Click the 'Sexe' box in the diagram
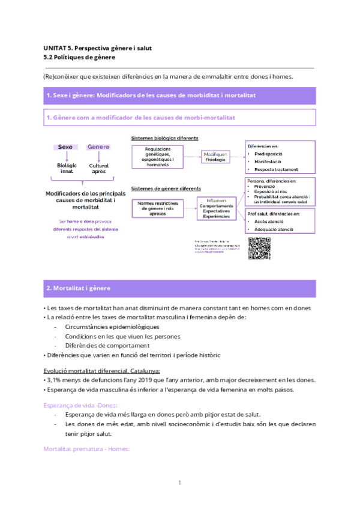tap(66, 147)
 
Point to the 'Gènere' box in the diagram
tap(98, 147)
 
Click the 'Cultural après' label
tap(98, 169)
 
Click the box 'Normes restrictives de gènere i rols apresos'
tap(158, 207)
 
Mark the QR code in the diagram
tap(259, 248)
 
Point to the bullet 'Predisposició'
tap(268, 154)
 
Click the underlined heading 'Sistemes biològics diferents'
tap(164, 139)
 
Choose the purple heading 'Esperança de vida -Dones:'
tap(80, 405)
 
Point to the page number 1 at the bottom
tap(179, 483)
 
